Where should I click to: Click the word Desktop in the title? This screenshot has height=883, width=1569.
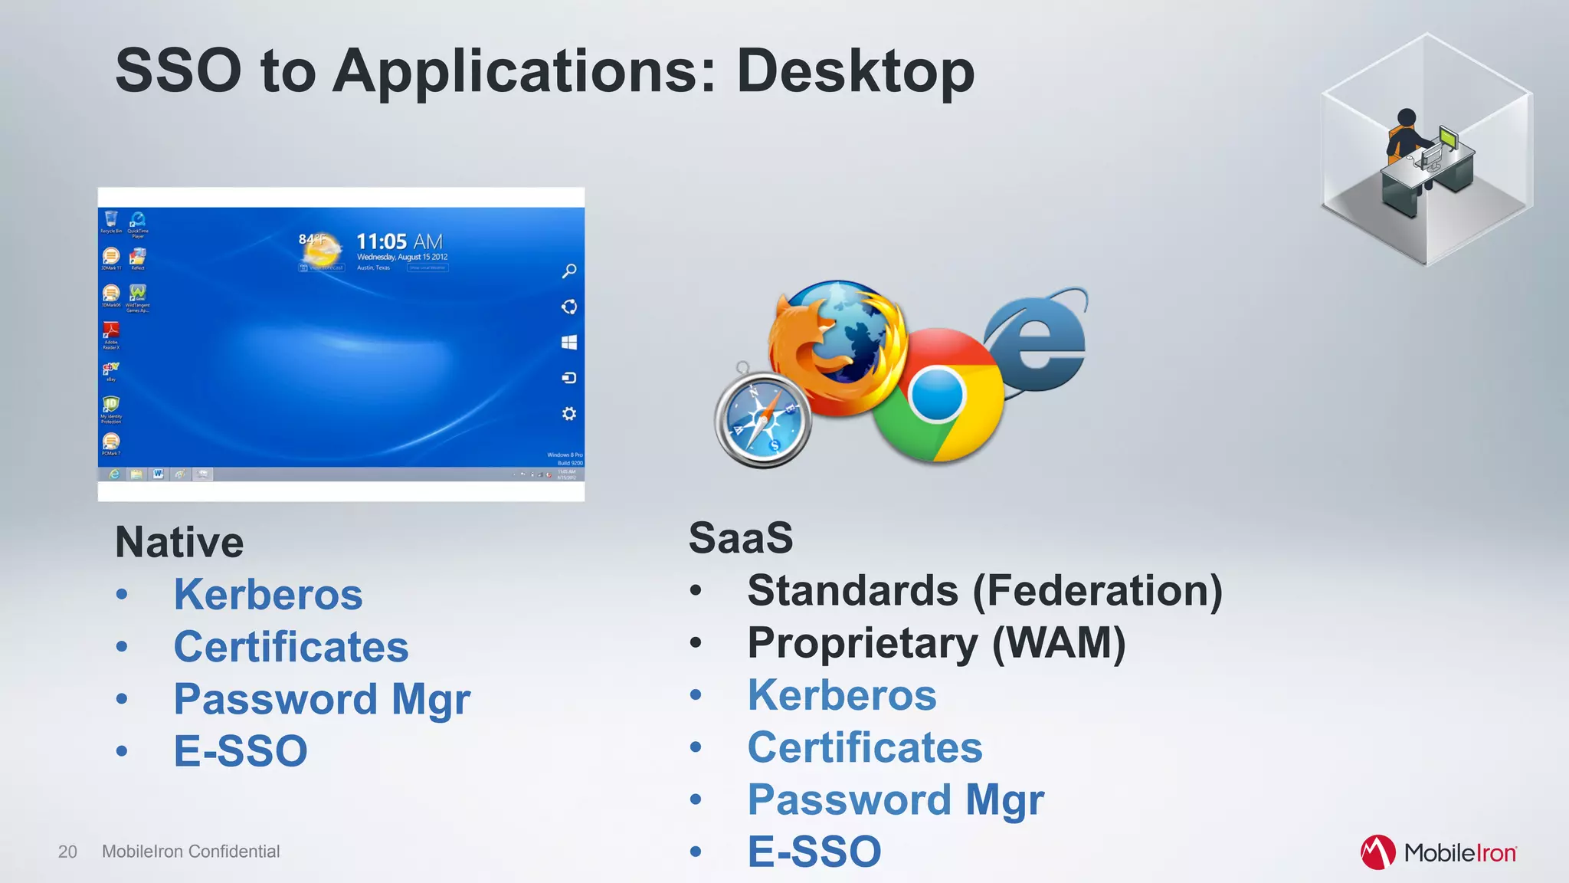click(855, 71)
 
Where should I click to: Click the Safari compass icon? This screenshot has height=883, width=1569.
click(762, 420)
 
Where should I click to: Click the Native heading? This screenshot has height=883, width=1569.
click(179, 543)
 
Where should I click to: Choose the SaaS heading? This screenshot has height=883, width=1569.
click(740, 537)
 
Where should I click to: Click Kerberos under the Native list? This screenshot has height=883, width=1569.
click(268, 595)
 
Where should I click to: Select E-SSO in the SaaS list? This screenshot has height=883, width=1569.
click(814, 852)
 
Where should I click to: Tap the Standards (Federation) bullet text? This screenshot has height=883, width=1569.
click(984, 591)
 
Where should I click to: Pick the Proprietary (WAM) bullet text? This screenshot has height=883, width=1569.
click(936, 643)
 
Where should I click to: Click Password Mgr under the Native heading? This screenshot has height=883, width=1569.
click(322, 699)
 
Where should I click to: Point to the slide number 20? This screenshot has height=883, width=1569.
click(67, 852)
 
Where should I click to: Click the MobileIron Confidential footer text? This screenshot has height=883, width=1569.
click(191, 852)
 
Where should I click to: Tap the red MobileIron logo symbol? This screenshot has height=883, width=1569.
click(1377, 852)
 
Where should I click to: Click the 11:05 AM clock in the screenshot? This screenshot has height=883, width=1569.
click(399, 242)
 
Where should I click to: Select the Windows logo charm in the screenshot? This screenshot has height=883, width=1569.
click(569, 343)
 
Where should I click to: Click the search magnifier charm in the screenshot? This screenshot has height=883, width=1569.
click(569, 271)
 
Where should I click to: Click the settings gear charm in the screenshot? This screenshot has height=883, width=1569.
click(569, 414)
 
